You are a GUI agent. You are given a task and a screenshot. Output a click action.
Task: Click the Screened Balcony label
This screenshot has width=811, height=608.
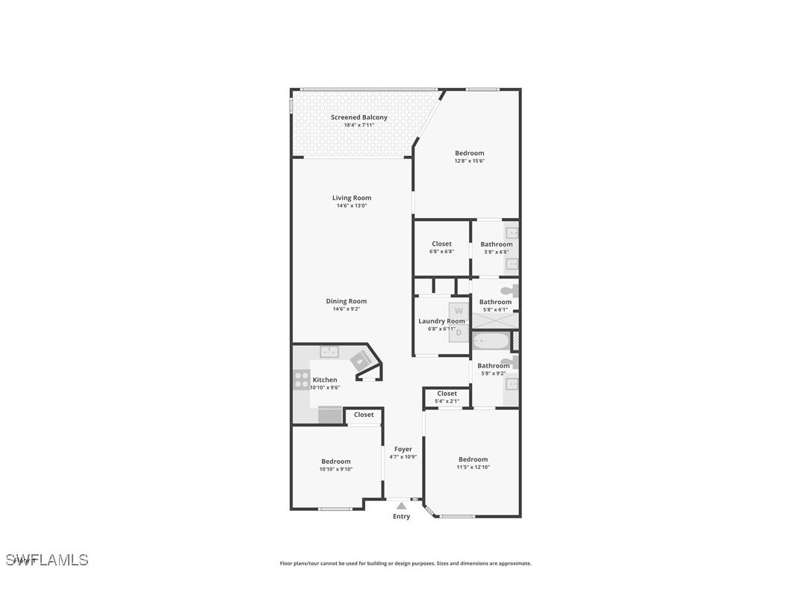(x=359, y=117)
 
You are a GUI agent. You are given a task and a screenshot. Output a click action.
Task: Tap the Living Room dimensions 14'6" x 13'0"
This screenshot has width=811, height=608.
(x=352, y=206)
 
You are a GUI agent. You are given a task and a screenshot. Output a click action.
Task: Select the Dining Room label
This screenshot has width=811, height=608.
(x=347, y=301)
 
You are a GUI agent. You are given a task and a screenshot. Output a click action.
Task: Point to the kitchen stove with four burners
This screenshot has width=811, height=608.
(x=301, y=379)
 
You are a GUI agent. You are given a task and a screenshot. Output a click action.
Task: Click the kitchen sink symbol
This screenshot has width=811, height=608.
(x=329, y=351)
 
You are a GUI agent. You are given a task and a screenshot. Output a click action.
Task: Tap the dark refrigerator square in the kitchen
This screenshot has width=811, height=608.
(x=329, y=415)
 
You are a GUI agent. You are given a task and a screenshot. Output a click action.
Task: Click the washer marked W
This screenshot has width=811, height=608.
(x=459, y=311)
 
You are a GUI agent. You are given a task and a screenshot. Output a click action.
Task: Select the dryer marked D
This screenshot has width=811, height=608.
(x=459, y=332)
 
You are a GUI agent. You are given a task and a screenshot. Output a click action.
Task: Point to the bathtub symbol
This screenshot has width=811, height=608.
(x=491, y=343)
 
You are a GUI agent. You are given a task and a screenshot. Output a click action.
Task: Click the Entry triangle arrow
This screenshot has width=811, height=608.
(x=402, y=506)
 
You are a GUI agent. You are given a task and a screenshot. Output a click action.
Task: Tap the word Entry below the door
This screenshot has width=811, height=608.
(x=402, y=516)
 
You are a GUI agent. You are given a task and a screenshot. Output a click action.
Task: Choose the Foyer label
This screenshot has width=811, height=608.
(x=403, y=449)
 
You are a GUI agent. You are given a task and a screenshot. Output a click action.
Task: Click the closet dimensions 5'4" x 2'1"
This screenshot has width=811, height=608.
(x=447, y=402)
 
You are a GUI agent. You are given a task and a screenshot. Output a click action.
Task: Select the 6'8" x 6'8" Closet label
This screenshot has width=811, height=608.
(x=441, y=243)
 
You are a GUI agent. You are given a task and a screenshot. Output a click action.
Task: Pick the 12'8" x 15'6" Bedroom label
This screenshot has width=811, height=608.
(x=470, y=153)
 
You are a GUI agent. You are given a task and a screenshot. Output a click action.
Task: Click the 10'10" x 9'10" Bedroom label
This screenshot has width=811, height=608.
(x=336, y=462)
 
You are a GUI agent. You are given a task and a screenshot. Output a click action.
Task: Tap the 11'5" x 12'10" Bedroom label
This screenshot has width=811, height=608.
(x=473, y=459)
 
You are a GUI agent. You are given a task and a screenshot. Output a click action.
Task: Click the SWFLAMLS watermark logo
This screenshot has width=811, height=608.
(x=46, y=559)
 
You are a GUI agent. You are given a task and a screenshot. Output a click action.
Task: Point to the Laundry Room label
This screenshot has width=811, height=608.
(x=441, y=321)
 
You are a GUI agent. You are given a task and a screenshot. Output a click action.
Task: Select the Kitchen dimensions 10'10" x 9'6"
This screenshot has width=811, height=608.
(x=325, y=388)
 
